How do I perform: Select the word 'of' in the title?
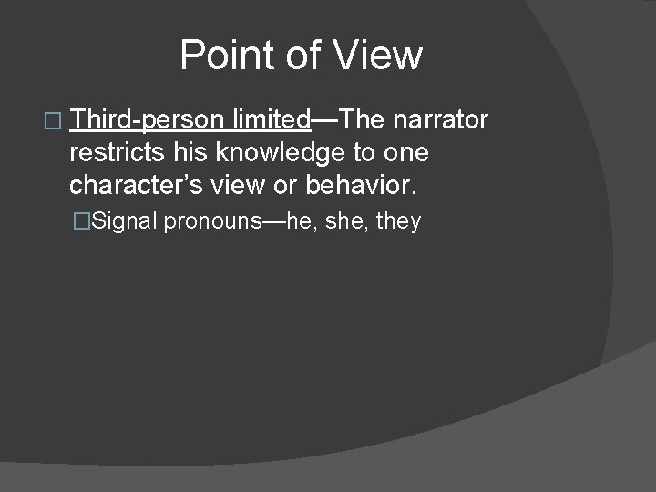click(302, 56)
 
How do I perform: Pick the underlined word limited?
click(272, 119)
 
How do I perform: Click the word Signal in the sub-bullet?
click(128, 220)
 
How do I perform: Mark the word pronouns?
click(211, 221)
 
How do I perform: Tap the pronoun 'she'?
click(344, 220)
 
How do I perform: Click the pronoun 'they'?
click(398, 221)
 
